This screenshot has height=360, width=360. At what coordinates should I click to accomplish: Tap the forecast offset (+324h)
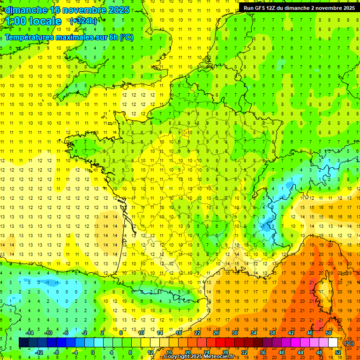(x=83, y=21)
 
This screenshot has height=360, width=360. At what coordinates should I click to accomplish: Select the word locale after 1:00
(x=45, y=21)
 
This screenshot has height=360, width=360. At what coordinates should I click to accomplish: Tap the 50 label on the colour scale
(x=328, y=333)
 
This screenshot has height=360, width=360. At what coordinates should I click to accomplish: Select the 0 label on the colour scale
(x=92, y=352)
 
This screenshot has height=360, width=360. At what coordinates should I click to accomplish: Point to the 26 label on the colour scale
(x=216, y=333)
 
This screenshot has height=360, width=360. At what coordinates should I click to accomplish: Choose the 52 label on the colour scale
(x=338, y=352)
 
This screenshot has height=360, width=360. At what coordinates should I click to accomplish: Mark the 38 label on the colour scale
(x=272, y=333)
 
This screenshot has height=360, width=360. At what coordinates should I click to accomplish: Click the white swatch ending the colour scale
(x=333, y=343)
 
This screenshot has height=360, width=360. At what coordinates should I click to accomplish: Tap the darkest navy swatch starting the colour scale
(x=23, y=343)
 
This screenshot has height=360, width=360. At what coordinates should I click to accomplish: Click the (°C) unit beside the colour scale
(x=349, y=343)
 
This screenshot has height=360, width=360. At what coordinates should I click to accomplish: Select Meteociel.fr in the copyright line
(x=219, y=357)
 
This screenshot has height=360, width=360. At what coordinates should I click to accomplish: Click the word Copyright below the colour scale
(x=176, y=357)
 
